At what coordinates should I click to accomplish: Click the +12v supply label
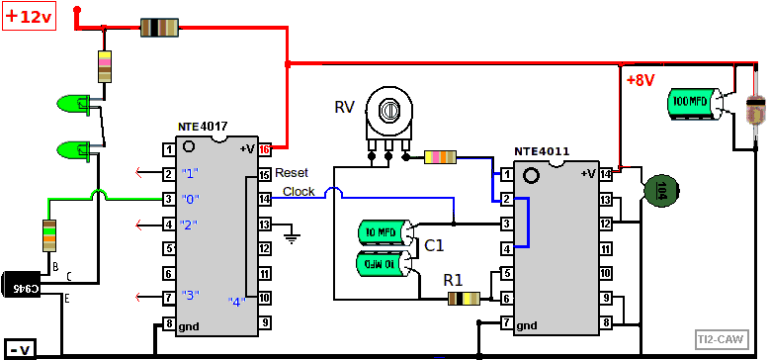(30, 17)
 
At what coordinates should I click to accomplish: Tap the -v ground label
(21, 347)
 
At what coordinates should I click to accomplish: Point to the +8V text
(641, 80)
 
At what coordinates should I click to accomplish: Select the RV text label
(344, 107)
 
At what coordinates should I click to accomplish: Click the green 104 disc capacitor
(660, 193)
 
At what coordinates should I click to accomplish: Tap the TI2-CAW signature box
(720, 338)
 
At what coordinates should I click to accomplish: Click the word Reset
(294, 172)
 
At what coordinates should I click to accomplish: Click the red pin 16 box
(264, 150)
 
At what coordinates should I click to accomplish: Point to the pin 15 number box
(264, 175)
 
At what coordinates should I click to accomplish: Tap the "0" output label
(191, 199)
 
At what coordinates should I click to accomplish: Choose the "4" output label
(236, 301)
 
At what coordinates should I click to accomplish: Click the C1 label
(434, 245)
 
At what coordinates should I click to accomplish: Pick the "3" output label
(191, 296)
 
